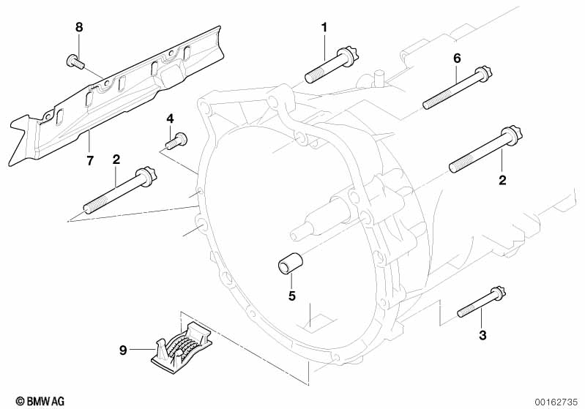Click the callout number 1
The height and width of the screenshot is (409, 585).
point(324,28)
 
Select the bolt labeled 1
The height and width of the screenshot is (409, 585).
point(331,65)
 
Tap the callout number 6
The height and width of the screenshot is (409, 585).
point(457,58)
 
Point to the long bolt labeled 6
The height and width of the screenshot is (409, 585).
point(458,88)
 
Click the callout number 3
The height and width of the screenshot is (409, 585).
point(482,335)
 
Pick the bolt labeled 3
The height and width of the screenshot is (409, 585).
point(481,302)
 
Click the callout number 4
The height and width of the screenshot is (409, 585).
point(170,119)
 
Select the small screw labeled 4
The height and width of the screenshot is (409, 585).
point(176,141)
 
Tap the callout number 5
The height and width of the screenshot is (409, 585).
point(291,296)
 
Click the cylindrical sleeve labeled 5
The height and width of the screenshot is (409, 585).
point(289,263)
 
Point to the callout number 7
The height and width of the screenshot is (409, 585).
point(89,161)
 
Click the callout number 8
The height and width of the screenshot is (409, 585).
point(79,27)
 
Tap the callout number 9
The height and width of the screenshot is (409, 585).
point(123,350)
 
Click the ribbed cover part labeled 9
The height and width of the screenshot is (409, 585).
point(182,345)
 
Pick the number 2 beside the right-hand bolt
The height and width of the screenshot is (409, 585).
point(502,180)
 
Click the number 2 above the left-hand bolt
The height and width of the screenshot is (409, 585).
point(116,160)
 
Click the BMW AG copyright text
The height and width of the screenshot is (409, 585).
point(40,401)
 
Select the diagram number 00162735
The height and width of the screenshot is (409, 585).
point(556,402)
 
